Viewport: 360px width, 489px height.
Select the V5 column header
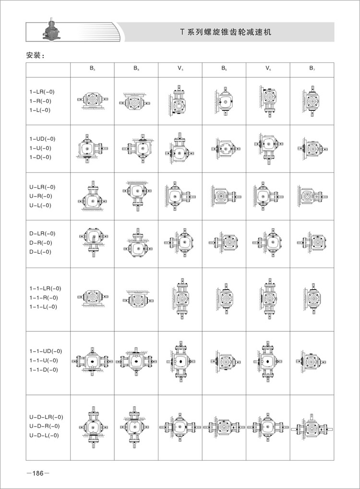[x=180, y=69]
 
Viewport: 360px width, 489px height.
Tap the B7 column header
[x=312, y=69]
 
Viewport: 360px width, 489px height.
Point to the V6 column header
[x=268, y=69]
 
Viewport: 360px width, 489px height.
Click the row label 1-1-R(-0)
[x=43, y=298]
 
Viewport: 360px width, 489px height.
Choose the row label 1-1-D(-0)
[x=43, y=369]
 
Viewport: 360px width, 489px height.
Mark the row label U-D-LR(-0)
[x=46, y=417]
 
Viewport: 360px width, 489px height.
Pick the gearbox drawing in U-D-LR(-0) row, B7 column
[x=312, y=426]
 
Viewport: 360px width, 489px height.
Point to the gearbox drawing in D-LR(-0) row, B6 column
[x=224, y=243]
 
